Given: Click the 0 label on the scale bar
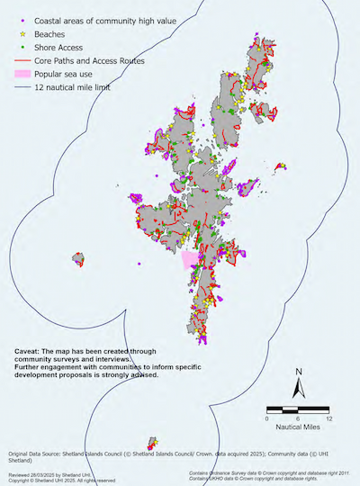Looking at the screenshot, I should tap(268, 418).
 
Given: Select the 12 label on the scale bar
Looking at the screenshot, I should tap(330, 418).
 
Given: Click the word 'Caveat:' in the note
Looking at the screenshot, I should tap(31, 351).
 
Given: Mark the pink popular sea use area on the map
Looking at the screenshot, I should tap(189, 260).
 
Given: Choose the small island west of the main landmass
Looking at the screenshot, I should tap(78, 260).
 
